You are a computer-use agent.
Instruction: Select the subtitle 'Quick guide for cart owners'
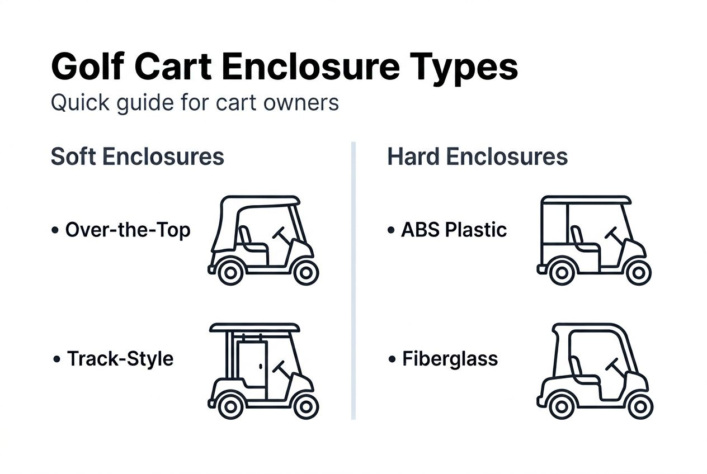coord(195,103)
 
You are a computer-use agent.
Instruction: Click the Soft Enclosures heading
coord(137,157)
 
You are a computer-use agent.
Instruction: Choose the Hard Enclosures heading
coord(477,157)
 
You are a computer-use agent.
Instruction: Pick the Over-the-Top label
coord(128,230)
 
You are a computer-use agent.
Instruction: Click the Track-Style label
coord(120,358)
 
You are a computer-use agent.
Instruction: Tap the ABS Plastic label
coord(454,230)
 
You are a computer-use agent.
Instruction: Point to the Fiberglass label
coord(450,358)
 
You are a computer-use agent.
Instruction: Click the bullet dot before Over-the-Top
coord(55,230)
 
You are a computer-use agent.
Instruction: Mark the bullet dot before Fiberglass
coord(392,359)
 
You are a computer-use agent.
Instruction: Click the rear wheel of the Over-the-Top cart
coord(229,272)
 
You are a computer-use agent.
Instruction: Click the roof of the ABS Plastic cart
coord(586,200)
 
